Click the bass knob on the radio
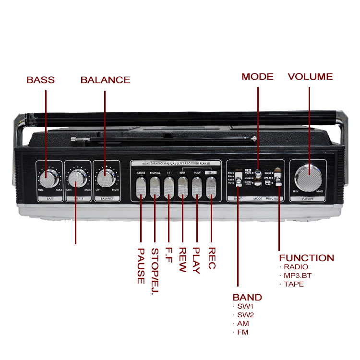pyautogui.click(x=48, y=179)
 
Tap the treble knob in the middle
pyautogui.click(x=76, y=179)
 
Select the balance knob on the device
pyautogui.click(x=105, y=179)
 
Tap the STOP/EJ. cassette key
pyautogui.click(x=155, y=188)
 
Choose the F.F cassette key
pyautogui.click(x=168, y=188)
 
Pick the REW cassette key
pyautogui.click(x=182, y=188)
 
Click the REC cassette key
pyautogui.click(x=211, y=188)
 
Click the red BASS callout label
pyautogui.click(x=41, y=80)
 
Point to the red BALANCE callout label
pyautogui.click(x=105, y=80)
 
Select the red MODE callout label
pyautogui.click(x=257, y=77)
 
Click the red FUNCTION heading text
pyautogui.click(x=306, y=258)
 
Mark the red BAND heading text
pyautogui.click(x=247, y=297)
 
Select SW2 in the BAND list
pyautogui.click(x=246, y=315)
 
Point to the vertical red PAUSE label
pyautogui.click(x=141, y=265)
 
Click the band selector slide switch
pyautogui.click(x=238, y=177)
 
